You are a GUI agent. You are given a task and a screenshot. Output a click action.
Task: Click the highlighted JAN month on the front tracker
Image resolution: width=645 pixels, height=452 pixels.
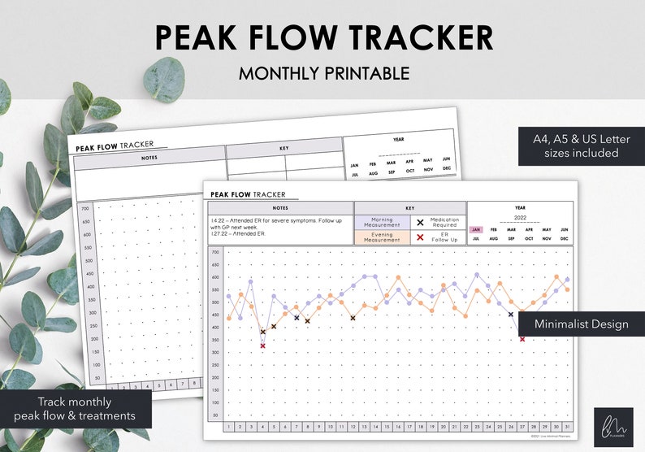476,230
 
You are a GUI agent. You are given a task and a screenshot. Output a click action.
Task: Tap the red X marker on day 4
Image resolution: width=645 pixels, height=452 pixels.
262,346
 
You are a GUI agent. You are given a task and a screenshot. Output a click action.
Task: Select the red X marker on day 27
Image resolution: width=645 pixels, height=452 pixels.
522,339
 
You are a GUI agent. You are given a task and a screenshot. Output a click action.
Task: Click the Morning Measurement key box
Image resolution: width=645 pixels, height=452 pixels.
381,223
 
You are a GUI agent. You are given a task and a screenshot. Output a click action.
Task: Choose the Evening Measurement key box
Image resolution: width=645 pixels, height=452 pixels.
381,237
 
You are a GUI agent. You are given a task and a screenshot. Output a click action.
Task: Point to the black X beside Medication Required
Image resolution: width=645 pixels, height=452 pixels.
420,222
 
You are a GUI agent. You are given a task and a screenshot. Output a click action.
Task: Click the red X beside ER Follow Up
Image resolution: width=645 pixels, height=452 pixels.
420,237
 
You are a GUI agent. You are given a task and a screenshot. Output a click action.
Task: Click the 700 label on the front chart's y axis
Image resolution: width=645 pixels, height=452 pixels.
215,251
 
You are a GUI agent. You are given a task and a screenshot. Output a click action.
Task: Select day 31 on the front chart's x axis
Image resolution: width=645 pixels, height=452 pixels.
567,426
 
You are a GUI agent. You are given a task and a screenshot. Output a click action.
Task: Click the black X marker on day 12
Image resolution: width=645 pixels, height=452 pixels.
353,318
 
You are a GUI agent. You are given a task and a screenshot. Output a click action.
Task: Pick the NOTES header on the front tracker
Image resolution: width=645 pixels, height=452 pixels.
281,207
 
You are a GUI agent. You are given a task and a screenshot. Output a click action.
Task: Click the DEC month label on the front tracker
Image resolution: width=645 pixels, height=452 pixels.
564,239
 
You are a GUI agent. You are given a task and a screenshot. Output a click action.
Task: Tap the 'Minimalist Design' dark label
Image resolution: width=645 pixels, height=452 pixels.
581,324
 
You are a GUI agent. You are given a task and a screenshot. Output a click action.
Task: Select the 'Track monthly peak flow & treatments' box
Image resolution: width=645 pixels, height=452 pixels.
75,410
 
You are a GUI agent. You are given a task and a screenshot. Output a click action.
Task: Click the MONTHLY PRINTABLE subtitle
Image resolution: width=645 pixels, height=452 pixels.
323,73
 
